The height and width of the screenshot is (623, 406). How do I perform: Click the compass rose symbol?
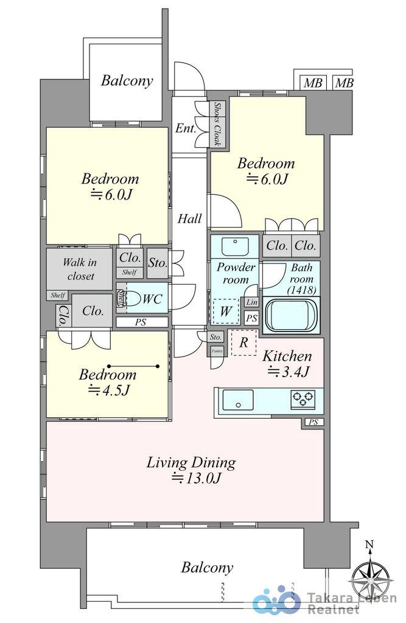pyautogui.click(x=371, y=575)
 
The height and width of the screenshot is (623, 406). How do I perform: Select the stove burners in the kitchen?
pyautogui.click(x=303, y=399)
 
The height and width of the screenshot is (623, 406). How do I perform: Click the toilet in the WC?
pyautogui.click(x=124, y=299)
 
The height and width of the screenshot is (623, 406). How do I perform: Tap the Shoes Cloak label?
pyautogui.click(x=217, y=124)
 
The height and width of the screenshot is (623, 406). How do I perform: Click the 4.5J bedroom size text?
pyautogui.click(x=109, y=390)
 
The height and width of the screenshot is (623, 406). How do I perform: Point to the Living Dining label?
pyautogui.click(x=191, y=463)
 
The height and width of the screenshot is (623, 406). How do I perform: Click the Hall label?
pyautogui.click(x=189, y=219)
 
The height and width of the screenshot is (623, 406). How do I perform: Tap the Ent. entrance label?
pyautogui.click(x=186, y=128)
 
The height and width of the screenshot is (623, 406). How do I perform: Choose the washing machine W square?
pyautogui.click(x=225, y=311)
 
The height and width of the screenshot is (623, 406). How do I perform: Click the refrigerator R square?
pyautogui.click(x=243, y=343)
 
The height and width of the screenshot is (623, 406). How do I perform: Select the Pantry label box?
pyautogui.click(x=216, y=350)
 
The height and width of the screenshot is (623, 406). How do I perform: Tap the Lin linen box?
pyautogui.click(x=251, y=302)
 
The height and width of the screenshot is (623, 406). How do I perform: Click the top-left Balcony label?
pyautogui.click(x=127, y=80)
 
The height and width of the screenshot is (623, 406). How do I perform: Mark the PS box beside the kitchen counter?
pyautogui.click(x=313, y=422)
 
